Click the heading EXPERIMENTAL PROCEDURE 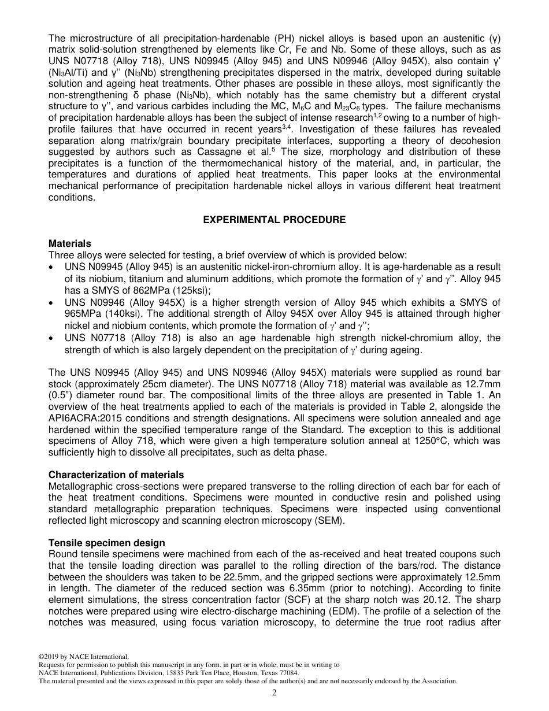274,220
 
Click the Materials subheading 69,244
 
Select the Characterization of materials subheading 116,475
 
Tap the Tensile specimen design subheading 106,543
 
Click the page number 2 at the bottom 274,693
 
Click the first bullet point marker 53,268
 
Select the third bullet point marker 53,338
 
